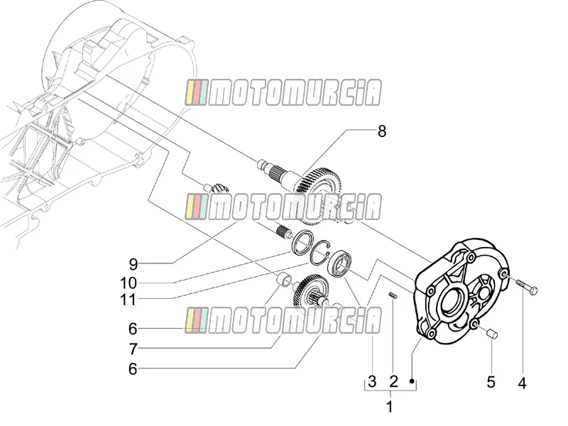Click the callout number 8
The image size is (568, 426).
pyautogui.click(x=382, y=131)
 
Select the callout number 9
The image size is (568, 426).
pyautogui.click(x=133, y=264)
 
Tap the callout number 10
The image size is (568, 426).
pyautogui.click(x=129, y=283)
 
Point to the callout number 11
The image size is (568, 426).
pyautogui.click(x=129, y=300)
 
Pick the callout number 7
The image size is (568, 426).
pyautogui.click(x=133, y=349)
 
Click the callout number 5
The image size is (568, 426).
pyautogui.click(x=491, y=382)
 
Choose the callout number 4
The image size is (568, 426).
pyautogui.click(x=522, y=383)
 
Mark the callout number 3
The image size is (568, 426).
pyautogui.click(x=372, y=381)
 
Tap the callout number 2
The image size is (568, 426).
pyautogui.click(x=393, y=381)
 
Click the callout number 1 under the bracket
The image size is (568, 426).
pyautogui.click(x=390, y=407)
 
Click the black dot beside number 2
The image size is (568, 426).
pyautogui.click(x=412, y=381)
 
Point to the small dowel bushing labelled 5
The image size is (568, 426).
pyautogui.click(x=493, y=333)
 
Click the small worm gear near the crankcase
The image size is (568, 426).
pyautogui.click(x=217, y=189)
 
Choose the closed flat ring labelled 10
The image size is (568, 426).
pyautogui.click(x=302, y=241)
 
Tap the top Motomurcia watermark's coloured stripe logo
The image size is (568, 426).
pyautogui.click(x=197, y=93)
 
